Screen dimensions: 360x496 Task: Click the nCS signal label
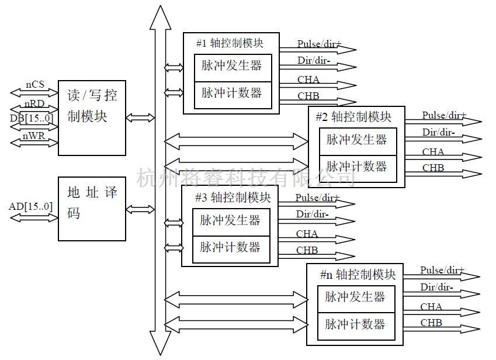(x=34, y=85)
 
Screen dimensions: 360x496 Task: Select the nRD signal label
(x=34, y=104)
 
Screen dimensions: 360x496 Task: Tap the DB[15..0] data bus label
(x=32, y=119)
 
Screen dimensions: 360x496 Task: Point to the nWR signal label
(x=34, y=136)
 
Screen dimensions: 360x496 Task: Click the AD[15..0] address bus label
(x=31, y=207)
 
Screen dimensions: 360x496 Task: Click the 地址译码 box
(x=92, y=208)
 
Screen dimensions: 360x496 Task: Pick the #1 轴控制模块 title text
(x=230, y=43)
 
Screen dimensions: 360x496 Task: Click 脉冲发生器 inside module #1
(x=232, y=65)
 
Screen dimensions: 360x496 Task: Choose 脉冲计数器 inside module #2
(x=356, y=167)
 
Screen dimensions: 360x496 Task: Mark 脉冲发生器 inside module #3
(x=231, y=220)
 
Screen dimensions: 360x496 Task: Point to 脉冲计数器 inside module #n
(x=355, y=324)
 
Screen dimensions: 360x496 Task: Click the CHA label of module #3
(x=307, y=234)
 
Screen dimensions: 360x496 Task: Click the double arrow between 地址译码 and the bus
(x=141, y=209)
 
